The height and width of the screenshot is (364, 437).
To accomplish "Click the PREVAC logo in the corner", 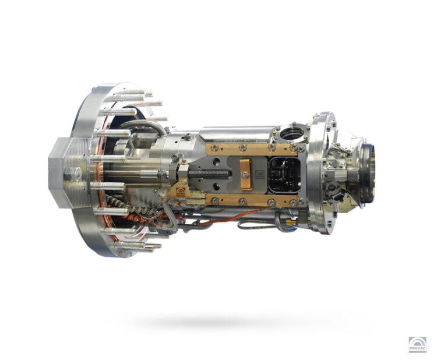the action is (x=418, y=345).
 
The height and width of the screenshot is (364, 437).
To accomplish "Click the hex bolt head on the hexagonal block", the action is (x=73, y=175).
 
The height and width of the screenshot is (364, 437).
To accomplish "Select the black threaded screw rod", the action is (x=209, y=175).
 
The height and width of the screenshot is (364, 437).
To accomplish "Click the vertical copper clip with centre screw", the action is (x=246, y=174).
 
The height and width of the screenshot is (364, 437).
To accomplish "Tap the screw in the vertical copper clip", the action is (x=245, y=175).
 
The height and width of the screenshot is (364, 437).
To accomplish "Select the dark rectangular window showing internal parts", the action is (x=284, y=175).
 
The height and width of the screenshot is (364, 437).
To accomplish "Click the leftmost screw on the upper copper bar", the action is (x=214, y=148).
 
